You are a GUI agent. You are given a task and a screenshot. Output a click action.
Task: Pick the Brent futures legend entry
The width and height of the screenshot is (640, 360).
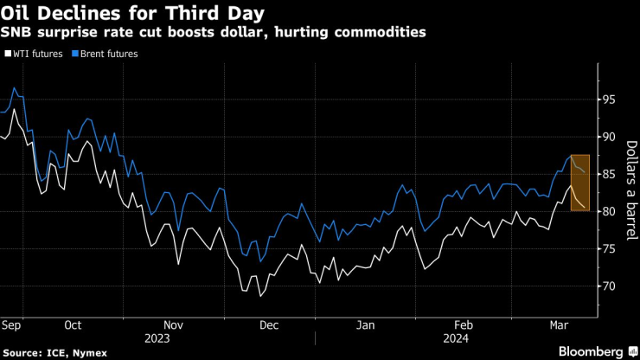point(106,54)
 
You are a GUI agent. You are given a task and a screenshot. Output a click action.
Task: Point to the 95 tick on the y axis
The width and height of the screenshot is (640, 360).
point(609,100)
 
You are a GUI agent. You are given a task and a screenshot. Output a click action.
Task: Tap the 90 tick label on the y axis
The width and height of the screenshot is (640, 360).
point(609,137)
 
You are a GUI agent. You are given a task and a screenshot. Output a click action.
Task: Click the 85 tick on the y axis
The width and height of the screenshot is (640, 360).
point(609,174)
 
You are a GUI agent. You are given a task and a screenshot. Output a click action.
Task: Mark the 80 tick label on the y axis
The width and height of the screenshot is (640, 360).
point(609,211)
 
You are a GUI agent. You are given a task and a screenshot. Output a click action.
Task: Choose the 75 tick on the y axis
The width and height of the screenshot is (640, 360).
point(609,248)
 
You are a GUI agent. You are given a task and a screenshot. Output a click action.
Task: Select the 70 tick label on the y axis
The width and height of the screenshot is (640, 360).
point(609,286)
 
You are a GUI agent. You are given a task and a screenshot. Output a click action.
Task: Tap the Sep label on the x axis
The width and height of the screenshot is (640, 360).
point(12,325)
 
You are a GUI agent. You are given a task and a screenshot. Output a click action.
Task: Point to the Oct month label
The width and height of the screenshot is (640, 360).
point(73,325)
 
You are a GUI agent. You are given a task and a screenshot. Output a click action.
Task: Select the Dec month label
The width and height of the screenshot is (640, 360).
point(269,325)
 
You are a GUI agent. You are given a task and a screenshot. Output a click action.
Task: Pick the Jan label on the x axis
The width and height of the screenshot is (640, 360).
point(366,325)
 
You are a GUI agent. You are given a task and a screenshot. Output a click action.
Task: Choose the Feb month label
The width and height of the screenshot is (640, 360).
point(463,325)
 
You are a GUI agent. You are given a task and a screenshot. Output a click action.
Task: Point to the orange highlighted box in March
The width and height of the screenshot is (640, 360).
point(580,182)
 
